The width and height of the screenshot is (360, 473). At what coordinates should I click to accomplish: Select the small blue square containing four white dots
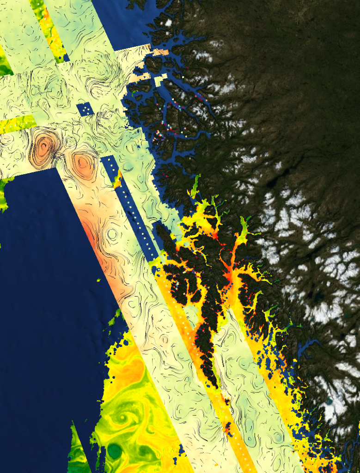point(85,109)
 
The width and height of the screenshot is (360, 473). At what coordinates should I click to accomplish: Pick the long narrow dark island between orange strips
point(206,342)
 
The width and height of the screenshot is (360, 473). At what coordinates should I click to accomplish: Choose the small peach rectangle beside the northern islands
point(159,52)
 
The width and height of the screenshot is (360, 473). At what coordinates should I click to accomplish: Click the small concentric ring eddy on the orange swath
point(112,234)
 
